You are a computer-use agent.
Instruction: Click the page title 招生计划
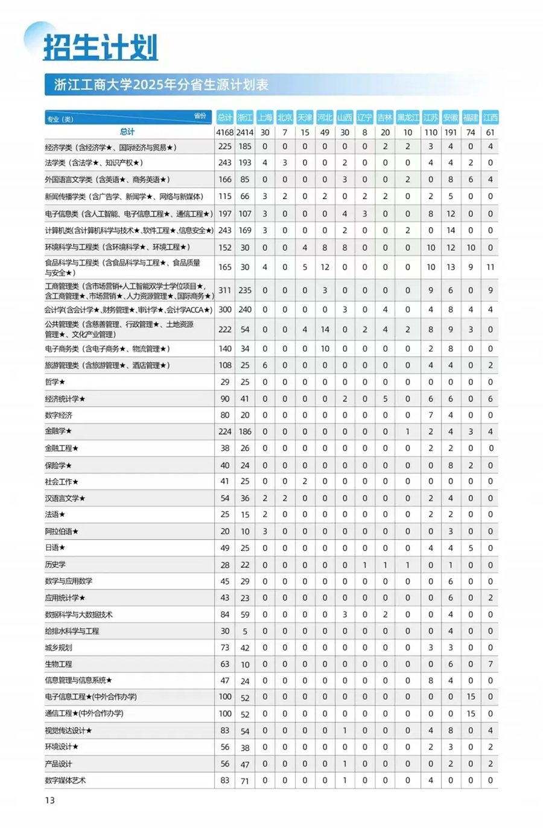coord(100,47)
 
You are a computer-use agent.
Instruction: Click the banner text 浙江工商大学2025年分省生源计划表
coord(161,84)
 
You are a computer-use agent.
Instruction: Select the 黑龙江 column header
coord(408,117)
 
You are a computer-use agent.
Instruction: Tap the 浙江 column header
coord(245,117)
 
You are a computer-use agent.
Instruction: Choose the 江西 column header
coord(491,117)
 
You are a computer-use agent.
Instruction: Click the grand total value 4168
coord(224,132)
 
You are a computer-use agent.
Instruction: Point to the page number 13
coord(49,800)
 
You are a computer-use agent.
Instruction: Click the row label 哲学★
coord(55,382)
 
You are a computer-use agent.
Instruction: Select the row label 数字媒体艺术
coord(65,780)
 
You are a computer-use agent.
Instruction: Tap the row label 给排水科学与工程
coord(72,631)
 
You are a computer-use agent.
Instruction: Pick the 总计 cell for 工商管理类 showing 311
coord(225,290)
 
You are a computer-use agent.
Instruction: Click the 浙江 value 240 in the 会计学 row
coord(245,310)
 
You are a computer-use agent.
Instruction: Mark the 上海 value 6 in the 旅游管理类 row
coord(265,365)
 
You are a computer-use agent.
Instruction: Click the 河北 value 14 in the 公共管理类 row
coord(325,330)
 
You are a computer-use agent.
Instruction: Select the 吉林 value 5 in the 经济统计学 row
coord(385,399)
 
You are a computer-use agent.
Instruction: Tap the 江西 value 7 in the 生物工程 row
coord(491,664)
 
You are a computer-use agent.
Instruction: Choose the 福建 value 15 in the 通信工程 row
coord(471,713)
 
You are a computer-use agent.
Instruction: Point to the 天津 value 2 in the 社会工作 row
coord(305,482)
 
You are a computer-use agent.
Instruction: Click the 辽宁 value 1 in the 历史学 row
coord(364,565)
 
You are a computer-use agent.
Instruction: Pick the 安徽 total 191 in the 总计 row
coord(450,132)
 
